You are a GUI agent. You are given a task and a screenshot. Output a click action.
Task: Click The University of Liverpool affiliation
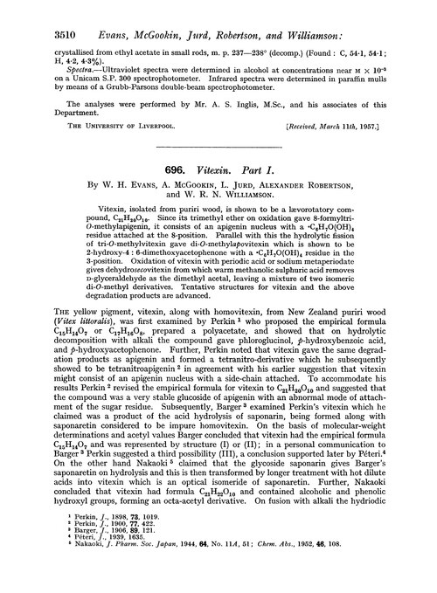[91, 127]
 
